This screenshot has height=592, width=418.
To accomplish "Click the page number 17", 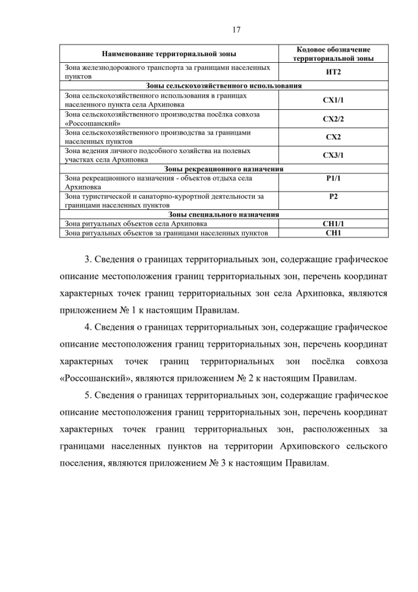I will (x=236, y=29).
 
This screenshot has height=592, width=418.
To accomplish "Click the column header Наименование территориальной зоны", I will (x=169, y=54).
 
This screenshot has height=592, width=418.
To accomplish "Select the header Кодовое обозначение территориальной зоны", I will (x=333, y=54).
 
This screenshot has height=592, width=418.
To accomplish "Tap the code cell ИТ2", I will (x=333, y=71).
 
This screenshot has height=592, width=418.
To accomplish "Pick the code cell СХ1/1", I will (x=333, y=100).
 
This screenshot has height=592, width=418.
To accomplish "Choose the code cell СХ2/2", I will (x=333, y=119).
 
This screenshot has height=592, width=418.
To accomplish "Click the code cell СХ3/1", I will (x=333, y=156).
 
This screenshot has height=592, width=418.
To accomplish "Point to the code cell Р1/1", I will (x=333, y=178).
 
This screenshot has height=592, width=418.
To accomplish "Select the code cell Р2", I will (x=333, y=196).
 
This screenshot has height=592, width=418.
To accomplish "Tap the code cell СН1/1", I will (x=333, y=224).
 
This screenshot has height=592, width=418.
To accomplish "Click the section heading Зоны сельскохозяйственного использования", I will (x=225, y=86).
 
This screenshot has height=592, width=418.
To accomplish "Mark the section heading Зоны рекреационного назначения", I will (x=225, y=169).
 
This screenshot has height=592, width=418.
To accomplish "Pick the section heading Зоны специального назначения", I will (x=225, y=214).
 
